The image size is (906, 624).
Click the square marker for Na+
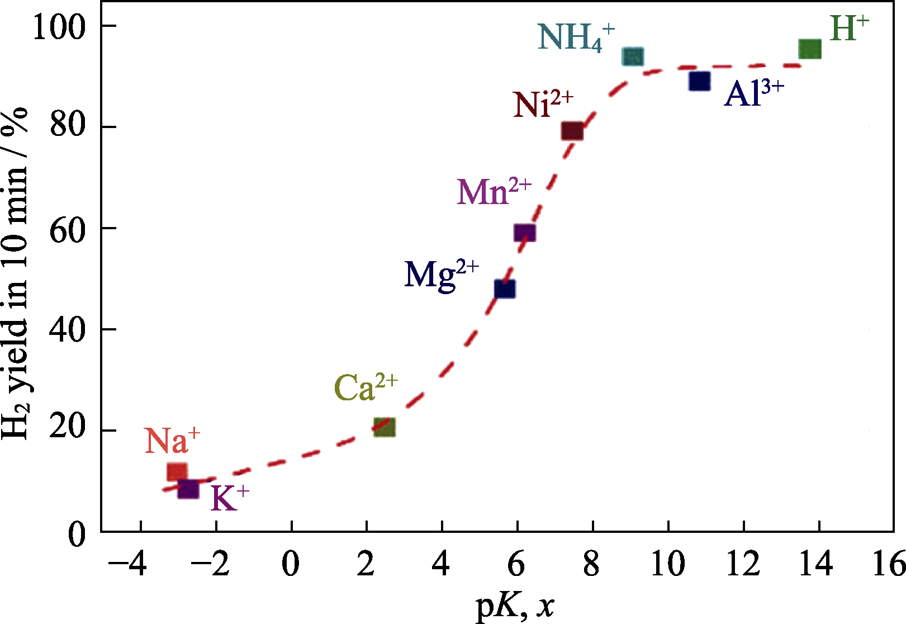[x=177, y=472]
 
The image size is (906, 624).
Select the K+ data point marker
[x=188, y=490]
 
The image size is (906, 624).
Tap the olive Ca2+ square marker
[x=385, y=427]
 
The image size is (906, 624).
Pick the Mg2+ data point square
[x=505, y=289]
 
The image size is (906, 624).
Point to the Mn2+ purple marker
[x=524, y=233]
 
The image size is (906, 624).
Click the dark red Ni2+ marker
[x=572, y=131]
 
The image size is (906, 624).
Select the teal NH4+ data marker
[x=633, y=56]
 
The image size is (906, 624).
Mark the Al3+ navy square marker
[x=699, y=81]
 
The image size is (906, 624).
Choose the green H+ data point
[x=810, y=49]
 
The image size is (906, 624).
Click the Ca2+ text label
[x=366, y=387]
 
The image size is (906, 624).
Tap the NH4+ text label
[x=576, y=37]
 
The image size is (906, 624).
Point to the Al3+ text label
[x=754, y=93]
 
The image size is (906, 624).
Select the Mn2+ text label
[x=494, y=192]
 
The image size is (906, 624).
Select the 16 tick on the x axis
[x=889, y=564]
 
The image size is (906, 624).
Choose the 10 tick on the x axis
[x=667, y=564]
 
